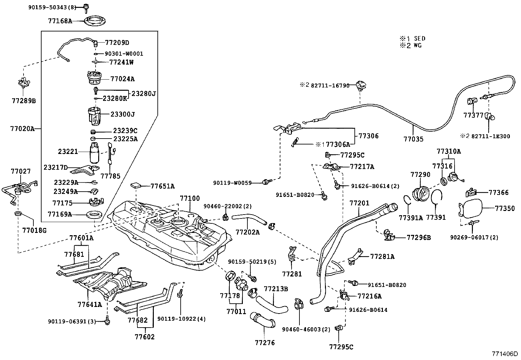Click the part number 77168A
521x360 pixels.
(x=60, y=21)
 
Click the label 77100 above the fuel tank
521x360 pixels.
(x=189, y=199)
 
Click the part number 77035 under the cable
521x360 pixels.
(x=413, y=139)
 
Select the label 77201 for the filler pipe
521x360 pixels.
(x=359, y=203)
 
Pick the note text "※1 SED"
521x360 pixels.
(x=413, y=39)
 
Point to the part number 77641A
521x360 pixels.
(x=90, y=304)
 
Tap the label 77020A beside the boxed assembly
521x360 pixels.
(x=22, y=129)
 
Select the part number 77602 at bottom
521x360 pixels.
(x=145, y=336)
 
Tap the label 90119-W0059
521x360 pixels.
(x=232, y=183)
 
